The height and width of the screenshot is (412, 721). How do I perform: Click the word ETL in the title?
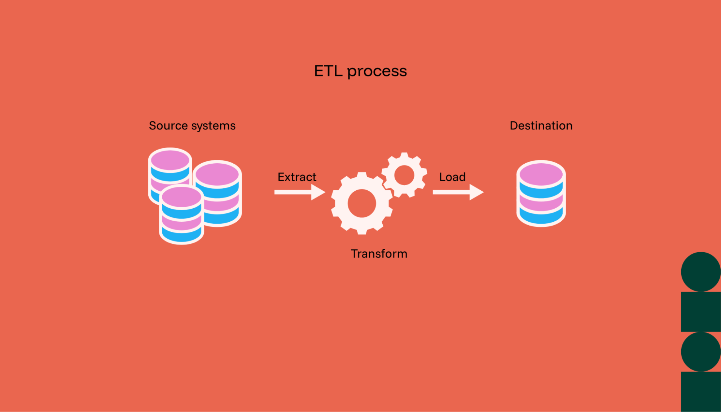pos(328,71)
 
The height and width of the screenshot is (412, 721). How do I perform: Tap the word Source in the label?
pos(168,125)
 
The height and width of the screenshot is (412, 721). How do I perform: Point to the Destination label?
pos(541,125)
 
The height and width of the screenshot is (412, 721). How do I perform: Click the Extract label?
pos(297,177)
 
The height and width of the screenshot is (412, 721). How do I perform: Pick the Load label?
pos(452,177)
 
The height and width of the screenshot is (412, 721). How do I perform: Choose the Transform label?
pos(379,254)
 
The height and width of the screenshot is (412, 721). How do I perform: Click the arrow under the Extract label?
pos(299,192)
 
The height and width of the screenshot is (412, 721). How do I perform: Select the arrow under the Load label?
pos(458,192)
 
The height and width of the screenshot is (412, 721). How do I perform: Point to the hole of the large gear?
pos(362,204)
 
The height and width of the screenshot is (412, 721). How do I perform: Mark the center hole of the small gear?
pos(404,175)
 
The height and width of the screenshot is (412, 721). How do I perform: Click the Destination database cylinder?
pos(541,202)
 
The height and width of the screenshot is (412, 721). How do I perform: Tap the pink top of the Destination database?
pos(541,173)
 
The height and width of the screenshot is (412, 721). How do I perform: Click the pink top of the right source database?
pos(217,173)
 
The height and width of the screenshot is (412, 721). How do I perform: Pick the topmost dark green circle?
pos(701,272)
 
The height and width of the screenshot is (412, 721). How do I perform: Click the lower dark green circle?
pos(701,351)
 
